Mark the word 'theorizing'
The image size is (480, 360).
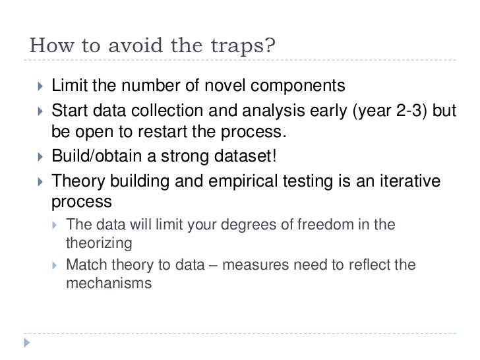[x=100, y=243]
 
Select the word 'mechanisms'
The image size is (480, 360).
[x=109, y=285]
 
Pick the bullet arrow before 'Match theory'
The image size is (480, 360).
[x=55, y=266]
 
